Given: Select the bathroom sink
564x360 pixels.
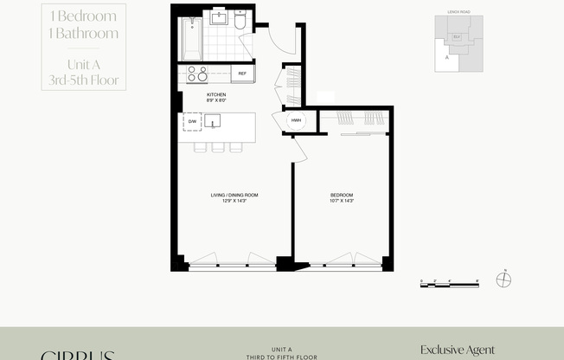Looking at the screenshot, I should coord(218,17).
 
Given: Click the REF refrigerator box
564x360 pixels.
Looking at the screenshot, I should coord(242,74).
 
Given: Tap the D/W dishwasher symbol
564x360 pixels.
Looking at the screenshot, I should coord(192,122).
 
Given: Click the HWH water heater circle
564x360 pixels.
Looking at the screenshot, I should coord(296,121).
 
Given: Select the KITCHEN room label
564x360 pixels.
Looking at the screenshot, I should coord(216,96).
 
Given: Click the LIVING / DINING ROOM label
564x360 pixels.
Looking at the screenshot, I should coord(234,196).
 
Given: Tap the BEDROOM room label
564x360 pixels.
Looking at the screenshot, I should coord(342,196).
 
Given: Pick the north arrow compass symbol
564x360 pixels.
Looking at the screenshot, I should coord(505,279).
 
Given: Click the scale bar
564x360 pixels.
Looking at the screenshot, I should coord(449,282).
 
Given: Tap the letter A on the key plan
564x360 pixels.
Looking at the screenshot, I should coord(447,57).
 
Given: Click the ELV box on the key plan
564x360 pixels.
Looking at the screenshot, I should coord(457,37).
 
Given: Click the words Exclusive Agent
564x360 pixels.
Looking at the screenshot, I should coord(458,350).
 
